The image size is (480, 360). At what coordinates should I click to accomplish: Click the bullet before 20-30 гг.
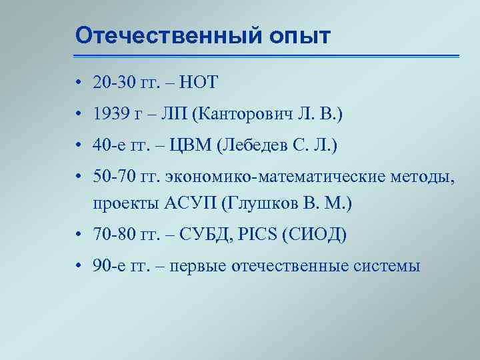point(78,83)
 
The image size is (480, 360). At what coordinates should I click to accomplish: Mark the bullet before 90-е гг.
point(78,267)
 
